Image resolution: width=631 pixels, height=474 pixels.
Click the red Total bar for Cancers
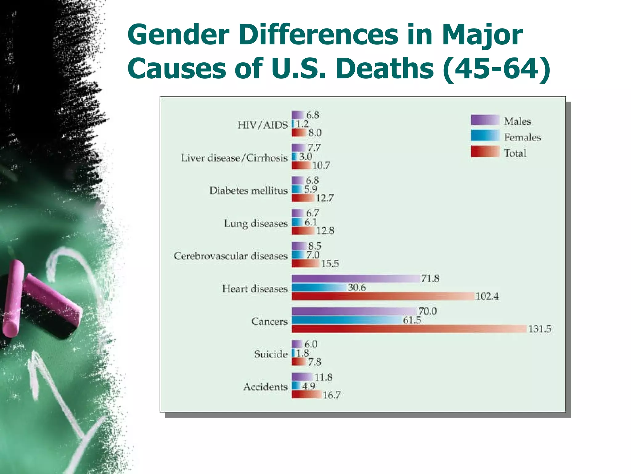pos(409,329)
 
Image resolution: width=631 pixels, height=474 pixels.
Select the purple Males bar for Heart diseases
pos(356,279)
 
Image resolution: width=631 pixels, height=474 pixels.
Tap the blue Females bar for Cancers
pos(347,320)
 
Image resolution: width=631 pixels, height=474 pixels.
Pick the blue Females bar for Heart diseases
pos(319,288)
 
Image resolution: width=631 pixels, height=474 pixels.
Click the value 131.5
pos(539,329)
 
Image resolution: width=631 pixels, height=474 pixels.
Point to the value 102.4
pos(487,297)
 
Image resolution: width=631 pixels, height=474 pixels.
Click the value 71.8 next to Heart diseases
pos(430,279)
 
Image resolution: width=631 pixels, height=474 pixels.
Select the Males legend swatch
pos(485,120)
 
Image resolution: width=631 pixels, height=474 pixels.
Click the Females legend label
pos(522,137)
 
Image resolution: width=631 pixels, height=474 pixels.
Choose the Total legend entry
pos(515,153)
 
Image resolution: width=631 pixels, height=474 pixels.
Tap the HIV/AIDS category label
pos(263,125)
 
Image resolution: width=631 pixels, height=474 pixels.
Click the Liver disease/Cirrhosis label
pos(234,158)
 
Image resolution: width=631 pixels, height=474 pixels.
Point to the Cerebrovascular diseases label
pos(230,256)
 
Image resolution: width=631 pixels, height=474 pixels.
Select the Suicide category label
pos(271,354)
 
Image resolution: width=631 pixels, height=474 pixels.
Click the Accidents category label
pos(265,387)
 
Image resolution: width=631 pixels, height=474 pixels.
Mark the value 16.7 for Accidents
pos(332,395)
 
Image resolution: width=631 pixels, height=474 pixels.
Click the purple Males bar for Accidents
pos(302,377)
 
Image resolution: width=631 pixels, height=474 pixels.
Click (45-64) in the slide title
pos(496,69)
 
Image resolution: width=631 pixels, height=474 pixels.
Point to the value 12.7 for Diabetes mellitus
pos(324,198)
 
